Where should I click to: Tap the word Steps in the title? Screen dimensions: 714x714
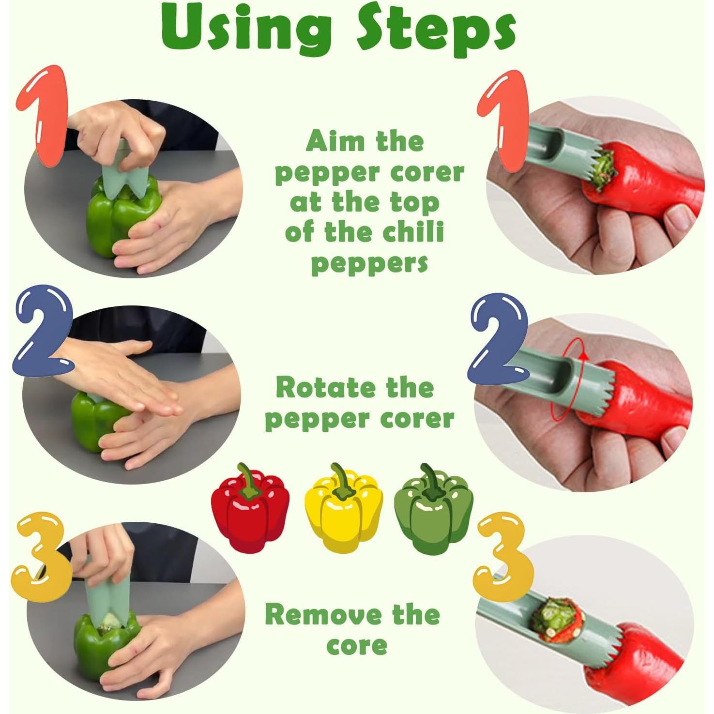point(436,30)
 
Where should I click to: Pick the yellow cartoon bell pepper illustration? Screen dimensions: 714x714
point(343,508)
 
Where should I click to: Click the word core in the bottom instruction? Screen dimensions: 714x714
point(356,645)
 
